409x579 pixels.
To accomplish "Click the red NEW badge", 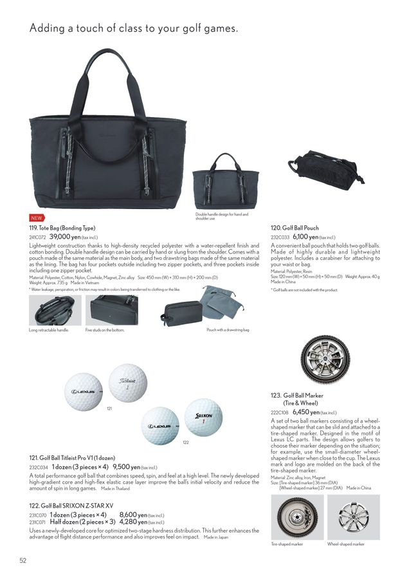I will coord(36,218).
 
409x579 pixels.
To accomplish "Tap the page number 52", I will coord(23,560).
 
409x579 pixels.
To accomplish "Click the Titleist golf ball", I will coord(129,383).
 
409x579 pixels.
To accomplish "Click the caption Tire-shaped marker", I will coord(287,544).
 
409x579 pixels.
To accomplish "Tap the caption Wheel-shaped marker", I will coord(345,544).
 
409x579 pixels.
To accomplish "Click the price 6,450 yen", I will coord(306,412).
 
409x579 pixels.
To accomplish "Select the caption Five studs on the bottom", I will coord(105,330).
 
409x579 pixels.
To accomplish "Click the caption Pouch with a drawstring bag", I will coord(226,330).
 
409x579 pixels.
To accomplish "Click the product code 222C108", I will coord(280,412).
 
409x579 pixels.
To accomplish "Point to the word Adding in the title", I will coord(48,28).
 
